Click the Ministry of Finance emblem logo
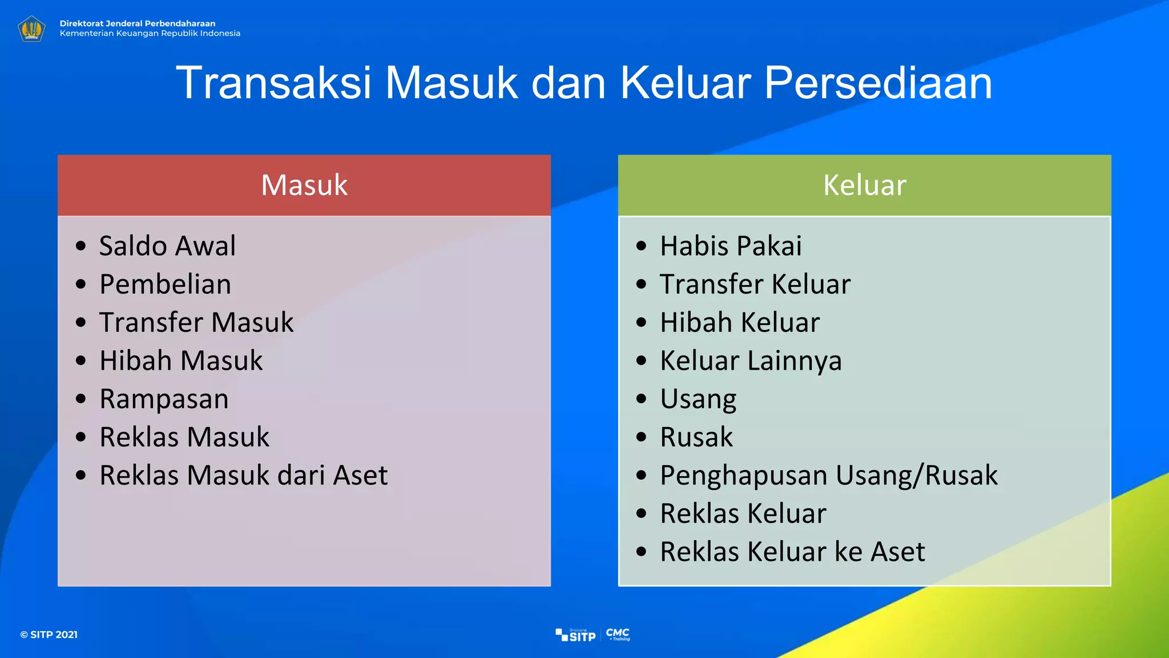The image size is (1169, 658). coord(31,29)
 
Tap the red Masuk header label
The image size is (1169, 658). coord(304,185)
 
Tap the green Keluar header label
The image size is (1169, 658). coord(864,185)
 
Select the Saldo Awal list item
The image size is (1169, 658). coord(167,246)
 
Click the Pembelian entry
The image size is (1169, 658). coord(165,284)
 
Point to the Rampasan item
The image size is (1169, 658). coord(164,399)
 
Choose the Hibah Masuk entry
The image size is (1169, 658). coord(181,360)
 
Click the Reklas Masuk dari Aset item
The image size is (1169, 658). coord(243,475)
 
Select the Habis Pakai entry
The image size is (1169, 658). coord(731,246)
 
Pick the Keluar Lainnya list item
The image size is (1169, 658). coord(751,360)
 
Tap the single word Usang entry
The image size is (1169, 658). coord(698,399)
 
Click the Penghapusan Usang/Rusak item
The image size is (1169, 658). coord(828,475)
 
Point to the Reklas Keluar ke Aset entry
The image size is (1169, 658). coord(792,552)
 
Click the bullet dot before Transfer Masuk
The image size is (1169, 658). coord(81,322)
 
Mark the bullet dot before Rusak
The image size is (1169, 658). coord(642,437)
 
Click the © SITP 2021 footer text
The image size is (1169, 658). coord(49,635)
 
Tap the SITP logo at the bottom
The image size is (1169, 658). coord(576,635)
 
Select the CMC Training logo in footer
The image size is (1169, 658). coord(618,634)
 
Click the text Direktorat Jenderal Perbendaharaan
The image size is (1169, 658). coord(138,23)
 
